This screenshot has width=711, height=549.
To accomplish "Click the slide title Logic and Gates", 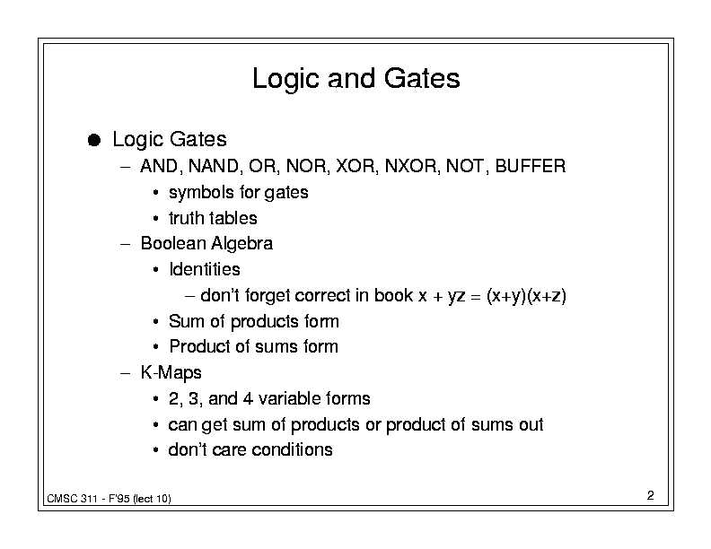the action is click(356, 79).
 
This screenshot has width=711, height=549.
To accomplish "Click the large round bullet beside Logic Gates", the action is click(94, 140).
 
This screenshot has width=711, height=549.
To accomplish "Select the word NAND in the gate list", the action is click(213, 166).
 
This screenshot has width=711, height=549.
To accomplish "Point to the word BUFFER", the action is click(531, 166).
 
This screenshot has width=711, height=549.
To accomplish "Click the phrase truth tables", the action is click(213, 218).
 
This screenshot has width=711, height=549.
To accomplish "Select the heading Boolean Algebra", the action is click(206, 244).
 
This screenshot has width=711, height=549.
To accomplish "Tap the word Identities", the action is click(205, 269).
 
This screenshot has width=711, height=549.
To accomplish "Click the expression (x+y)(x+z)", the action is click(526, 296).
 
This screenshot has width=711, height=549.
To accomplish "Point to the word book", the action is click(393, 295).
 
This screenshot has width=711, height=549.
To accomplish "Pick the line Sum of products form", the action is click(253, 322).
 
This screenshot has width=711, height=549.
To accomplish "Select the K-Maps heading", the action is click(171, 373).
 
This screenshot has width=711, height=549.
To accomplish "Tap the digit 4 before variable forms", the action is click(248, 399).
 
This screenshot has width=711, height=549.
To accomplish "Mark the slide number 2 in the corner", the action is click(650, 495).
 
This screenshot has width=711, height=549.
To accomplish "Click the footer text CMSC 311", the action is click(72, 499).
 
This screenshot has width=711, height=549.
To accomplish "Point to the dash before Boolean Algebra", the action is click(125, 244).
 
